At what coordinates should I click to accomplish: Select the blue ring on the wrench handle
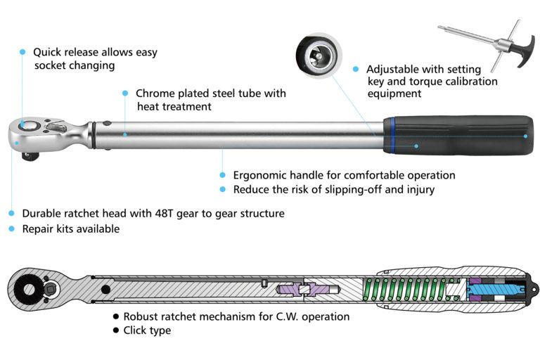point(389,134)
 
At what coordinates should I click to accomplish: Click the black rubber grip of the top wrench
point(464,134)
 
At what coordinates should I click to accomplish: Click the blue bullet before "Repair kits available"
point(11,229)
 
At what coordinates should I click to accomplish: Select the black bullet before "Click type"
point(115,330)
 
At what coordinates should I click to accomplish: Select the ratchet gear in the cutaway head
point(28,288)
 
